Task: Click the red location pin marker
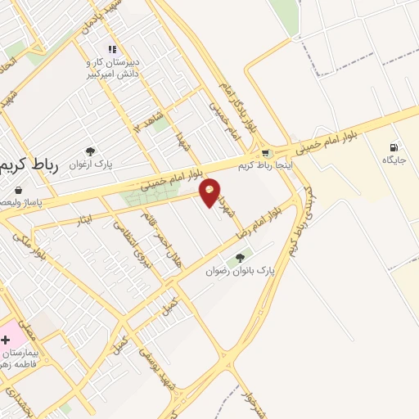point(210,191)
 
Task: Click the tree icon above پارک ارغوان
point(90,151)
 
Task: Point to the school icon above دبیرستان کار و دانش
point(112,50)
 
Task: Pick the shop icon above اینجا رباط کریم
point(265,153)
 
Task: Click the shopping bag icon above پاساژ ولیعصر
point(18,190)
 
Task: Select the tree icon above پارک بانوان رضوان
point(240,258)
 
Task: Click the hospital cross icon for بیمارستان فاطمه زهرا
point(7,338)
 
